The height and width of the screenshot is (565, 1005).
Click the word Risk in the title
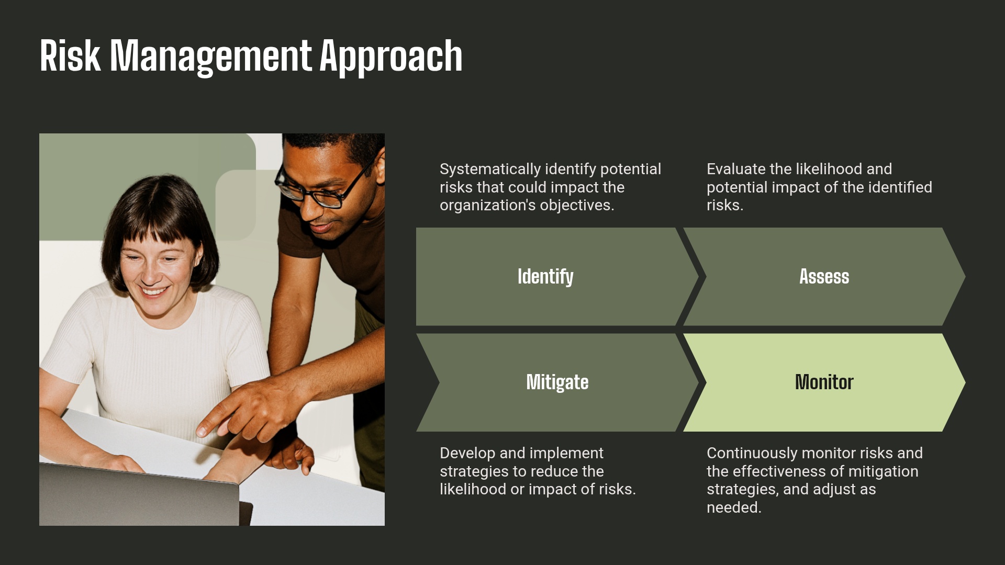point(70,56)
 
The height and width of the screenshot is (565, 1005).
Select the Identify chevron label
point(545,277)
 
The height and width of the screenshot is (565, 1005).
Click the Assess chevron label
point(824,277)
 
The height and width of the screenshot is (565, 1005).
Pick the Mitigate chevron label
point(557,382)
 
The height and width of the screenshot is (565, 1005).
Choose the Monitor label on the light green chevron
point(824,382)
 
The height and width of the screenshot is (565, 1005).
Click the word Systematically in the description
point(490,169)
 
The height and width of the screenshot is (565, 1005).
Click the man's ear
point(381,170)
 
